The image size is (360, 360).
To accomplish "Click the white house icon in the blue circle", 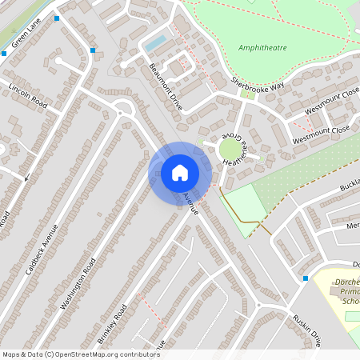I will [x=180, y=172].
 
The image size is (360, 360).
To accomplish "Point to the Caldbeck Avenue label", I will [x=42, y=248].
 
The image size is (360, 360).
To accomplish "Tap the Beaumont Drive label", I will [x=166, y=87].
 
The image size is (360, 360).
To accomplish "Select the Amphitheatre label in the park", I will [x=262, y=48].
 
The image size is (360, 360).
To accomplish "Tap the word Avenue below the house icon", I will [x=190, y=202].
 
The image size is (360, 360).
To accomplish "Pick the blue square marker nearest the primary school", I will [x=306, y=278].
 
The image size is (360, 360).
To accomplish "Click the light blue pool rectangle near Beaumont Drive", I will [x=156, y=42].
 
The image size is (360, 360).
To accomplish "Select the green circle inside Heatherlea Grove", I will [x=230, y=150].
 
